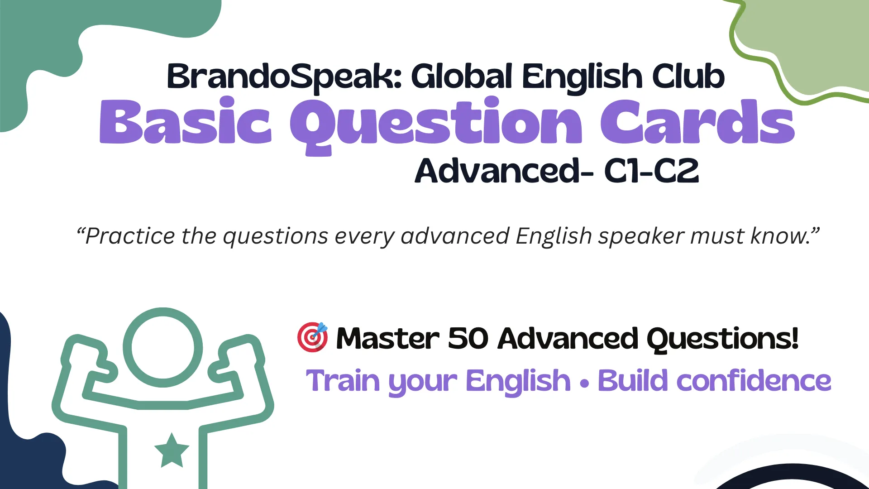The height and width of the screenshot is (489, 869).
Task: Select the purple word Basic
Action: [186, 121]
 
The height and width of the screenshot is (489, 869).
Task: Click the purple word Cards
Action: [697, 121]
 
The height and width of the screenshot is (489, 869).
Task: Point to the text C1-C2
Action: [652, 171]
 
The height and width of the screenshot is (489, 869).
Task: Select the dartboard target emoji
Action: [313, 337]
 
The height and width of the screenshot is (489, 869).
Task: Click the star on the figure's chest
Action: [172, 451]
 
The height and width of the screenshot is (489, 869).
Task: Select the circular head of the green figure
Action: [163, 347]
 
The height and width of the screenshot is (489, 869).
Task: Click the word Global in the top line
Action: [462, 76]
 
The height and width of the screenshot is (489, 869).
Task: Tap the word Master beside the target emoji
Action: [387, 339]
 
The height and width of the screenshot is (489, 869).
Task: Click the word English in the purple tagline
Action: [518, 382]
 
